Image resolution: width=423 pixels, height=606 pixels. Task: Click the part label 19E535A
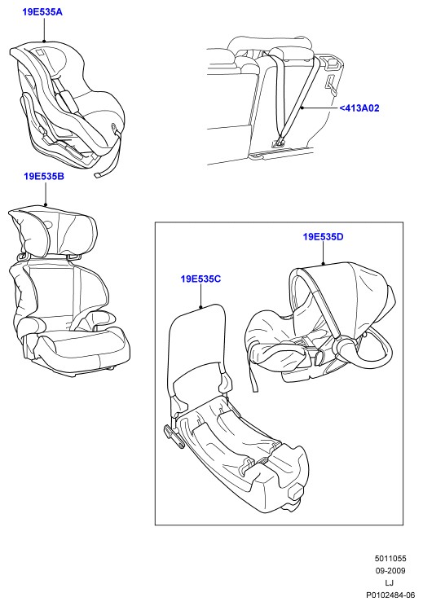pyautogui.click(x=42, y=12)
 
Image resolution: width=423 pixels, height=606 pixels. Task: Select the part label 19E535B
pyautogui.click(x=44, y=177)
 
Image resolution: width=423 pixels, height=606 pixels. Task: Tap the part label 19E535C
pyautogui.click(x=200, y=279)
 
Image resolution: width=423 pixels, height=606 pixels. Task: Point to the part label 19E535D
pyautogui.click(x=323, y=237)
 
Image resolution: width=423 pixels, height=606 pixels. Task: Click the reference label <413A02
pyautogui.click(x=359, y=108)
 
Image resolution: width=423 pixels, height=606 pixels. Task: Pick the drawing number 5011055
pyautogui.click(x=390, y=559)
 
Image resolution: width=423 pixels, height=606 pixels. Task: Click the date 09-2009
pyautogui.click(x=390, y=571)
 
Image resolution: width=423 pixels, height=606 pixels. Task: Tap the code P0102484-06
pyautogui.click(x=390, y=595)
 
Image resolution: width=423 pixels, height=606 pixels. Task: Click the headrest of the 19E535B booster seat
pyautogui.click(x=54, y=231)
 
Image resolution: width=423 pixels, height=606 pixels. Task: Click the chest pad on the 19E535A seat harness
pyautogui.click(x=68, y=99)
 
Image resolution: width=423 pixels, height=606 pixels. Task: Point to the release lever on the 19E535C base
pyautogui.click(x=174, y=436)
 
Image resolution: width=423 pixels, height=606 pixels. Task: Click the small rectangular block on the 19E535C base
pyautogui.click(x=296, y=492)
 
